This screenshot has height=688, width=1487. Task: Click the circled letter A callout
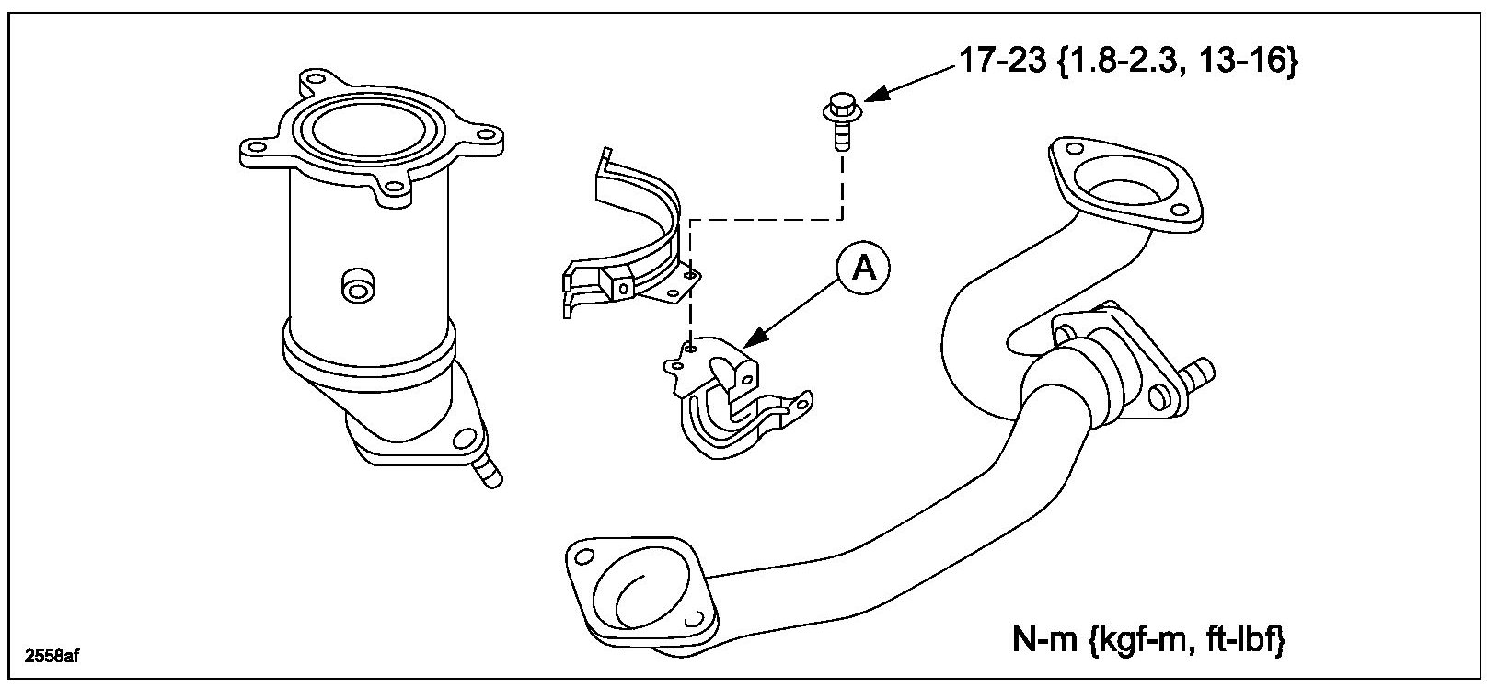point(863,268)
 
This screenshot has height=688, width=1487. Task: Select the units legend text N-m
point(1037,639)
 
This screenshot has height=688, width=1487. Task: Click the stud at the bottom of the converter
point(485,473)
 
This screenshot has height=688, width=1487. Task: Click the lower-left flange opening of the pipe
point(642,588)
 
